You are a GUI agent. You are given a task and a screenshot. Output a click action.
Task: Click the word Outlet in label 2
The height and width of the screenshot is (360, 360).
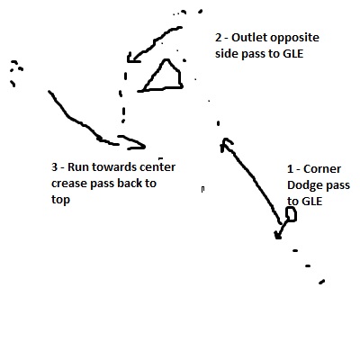click(x=249, y=38)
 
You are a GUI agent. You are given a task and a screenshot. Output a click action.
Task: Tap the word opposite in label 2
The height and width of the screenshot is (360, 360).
click(x=294, y=39)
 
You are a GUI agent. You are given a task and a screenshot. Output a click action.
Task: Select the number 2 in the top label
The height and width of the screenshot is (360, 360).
click(x=218, y=38)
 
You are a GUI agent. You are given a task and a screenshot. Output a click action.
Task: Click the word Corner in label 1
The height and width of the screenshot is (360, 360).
click(x=322, y=169)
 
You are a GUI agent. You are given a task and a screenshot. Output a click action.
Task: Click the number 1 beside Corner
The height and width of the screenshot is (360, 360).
click(x=290, y=169)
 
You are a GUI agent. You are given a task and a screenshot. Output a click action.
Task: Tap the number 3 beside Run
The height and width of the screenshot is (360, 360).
click(x=54, y=167)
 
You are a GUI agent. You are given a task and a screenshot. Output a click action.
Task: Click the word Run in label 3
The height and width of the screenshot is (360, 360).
click(x=78, y=167)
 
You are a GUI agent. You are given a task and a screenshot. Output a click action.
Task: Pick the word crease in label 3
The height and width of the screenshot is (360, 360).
click(x=69, y=184)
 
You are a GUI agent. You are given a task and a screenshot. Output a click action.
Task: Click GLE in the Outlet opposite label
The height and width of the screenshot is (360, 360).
click(x=292, y=54)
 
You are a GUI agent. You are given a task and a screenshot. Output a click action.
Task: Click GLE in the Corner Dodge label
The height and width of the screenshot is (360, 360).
click(x=311, y=202)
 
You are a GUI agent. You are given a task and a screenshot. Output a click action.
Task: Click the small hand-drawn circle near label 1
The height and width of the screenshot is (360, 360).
click(x=291, y=215)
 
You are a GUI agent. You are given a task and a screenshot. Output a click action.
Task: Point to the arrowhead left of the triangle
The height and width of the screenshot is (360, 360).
click(x=133, y=58)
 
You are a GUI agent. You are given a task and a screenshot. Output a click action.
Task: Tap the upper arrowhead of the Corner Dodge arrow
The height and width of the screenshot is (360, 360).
click(x=226, y=145)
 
